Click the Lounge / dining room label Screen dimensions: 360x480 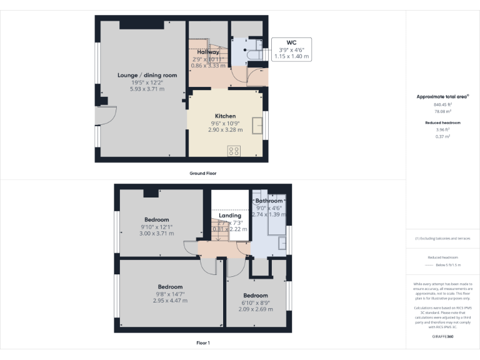point(147,75)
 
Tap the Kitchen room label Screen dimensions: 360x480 point(225,116)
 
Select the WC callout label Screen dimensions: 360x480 point(291,43)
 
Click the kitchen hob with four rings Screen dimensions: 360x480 point(234,150)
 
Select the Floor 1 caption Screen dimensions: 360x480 point(203,342)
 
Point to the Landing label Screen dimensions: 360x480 point(230,216)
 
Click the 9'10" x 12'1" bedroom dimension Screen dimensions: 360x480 point(156,226)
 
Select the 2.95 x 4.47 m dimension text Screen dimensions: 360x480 point(170,301)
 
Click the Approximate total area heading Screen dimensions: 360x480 point(443,97)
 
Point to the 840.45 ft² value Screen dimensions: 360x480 point(442,104)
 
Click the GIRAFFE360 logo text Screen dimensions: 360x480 point(443,336)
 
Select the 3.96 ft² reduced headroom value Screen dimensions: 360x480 point(442,129)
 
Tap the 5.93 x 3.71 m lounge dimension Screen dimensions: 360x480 point(147,89)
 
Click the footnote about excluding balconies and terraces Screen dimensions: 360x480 point(442,238)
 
